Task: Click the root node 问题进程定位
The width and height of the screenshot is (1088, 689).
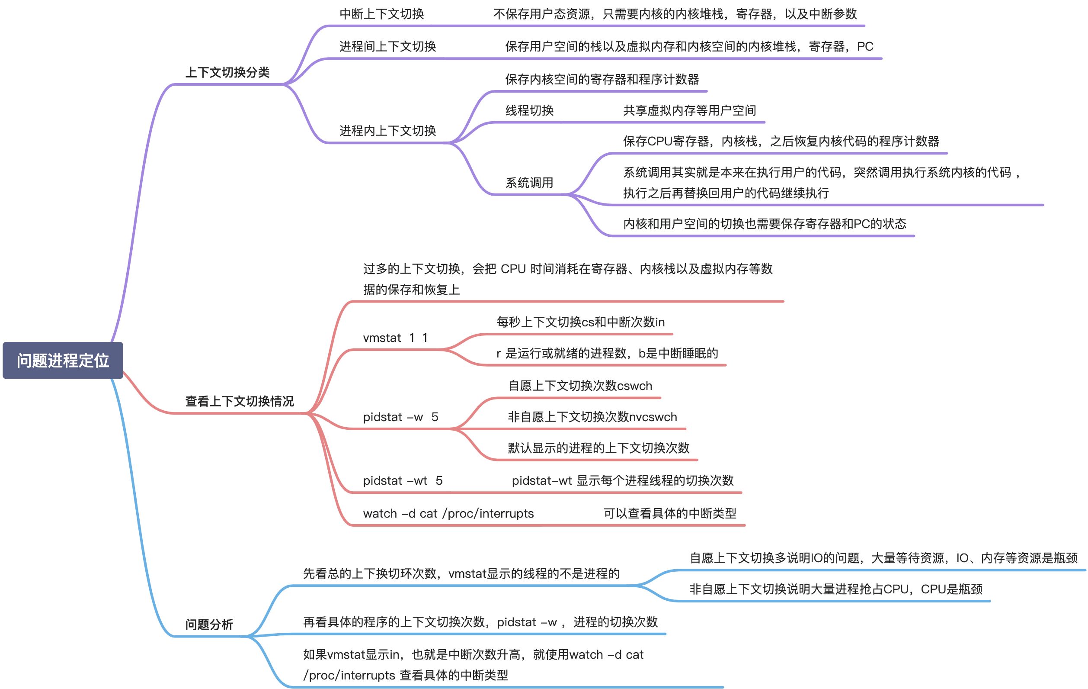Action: [x=63, y=361]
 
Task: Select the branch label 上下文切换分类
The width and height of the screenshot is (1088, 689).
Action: [x=227, y=72]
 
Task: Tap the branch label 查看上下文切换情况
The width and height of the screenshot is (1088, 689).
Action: [x=240, y=401]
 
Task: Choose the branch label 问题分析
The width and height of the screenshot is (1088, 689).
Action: [x=209, y=625]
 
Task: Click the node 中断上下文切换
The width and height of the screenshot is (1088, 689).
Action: [x=382, y=14]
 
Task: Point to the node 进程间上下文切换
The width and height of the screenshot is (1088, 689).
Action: [x=387, y=46]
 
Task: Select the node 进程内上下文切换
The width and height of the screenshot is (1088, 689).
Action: [x=387, y=131]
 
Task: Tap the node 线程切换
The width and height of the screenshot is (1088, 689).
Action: [x=529, y=110]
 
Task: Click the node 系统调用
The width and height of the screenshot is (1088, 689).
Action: [x=529, y=183]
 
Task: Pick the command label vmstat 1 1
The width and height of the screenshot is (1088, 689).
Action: [x=395, y=338]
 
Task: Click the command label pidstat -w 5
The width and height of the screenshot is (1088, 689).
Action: [x=400, y=417]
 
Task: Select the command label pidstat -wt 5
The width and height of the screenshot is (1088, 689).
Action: [x=403, y=480]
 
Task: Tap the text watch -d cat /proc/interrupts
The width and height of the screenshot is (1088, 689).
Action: [x=448, y=513]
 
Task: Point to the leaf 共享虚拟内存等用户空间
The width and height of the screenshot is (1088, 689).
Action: [x=689, y=110]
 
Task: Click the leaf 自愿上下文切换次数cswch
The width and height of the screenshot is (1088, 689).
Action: [x=580, y=386]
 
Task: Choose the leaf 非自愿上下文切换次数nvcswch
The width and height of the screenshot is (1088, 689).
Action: [x=592, y=417]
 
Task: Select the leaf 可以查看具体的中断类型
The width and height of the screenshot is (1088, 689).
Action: [x=669, y=513]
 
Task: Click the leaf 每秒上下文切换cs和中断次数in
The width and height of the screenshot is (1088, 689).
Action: [x=581, y=322]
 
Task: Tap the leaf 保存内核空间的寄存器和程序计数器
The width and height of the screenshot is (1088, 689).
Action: [x=602, y=80]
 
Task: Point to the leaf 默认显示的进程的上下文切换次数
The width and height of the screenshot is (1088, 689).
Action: [x=598, y=448]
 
